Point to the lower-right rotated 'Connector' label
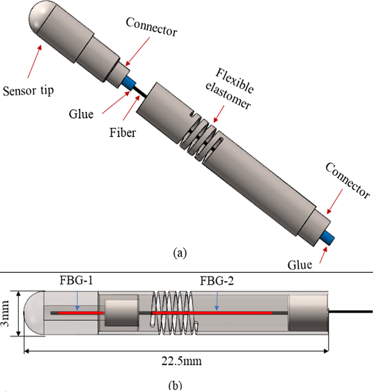(x=347, y=181)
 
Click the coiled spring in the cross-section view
(x=175, y=311)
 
